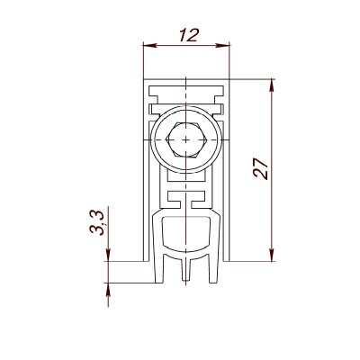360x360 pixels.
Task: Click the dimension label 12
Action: [x=189, y=35]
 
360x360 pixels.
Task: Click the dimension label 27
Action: [x=260, y=168]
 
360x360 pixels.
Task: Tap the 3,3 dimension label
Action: [x=97, y=222]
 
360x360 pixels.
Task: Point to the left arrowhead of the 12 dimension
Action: [x=150, y=46]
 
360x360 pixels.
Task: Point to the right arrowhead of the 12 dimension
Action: [x=222, y=46]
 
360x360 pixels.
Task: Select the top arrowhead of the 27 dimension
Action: [x=272, y=86]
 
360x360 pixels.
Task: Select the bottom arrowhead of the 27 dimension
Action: [x=272, y=255]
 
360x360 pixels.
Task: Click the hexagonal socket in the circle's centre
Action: [x=186, y=139]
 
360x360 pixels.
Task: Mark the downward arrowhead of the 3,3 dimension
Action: [x=108, y=255]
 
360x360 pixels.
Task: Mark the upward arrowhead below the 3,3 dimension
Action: [x=108, y=290]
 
